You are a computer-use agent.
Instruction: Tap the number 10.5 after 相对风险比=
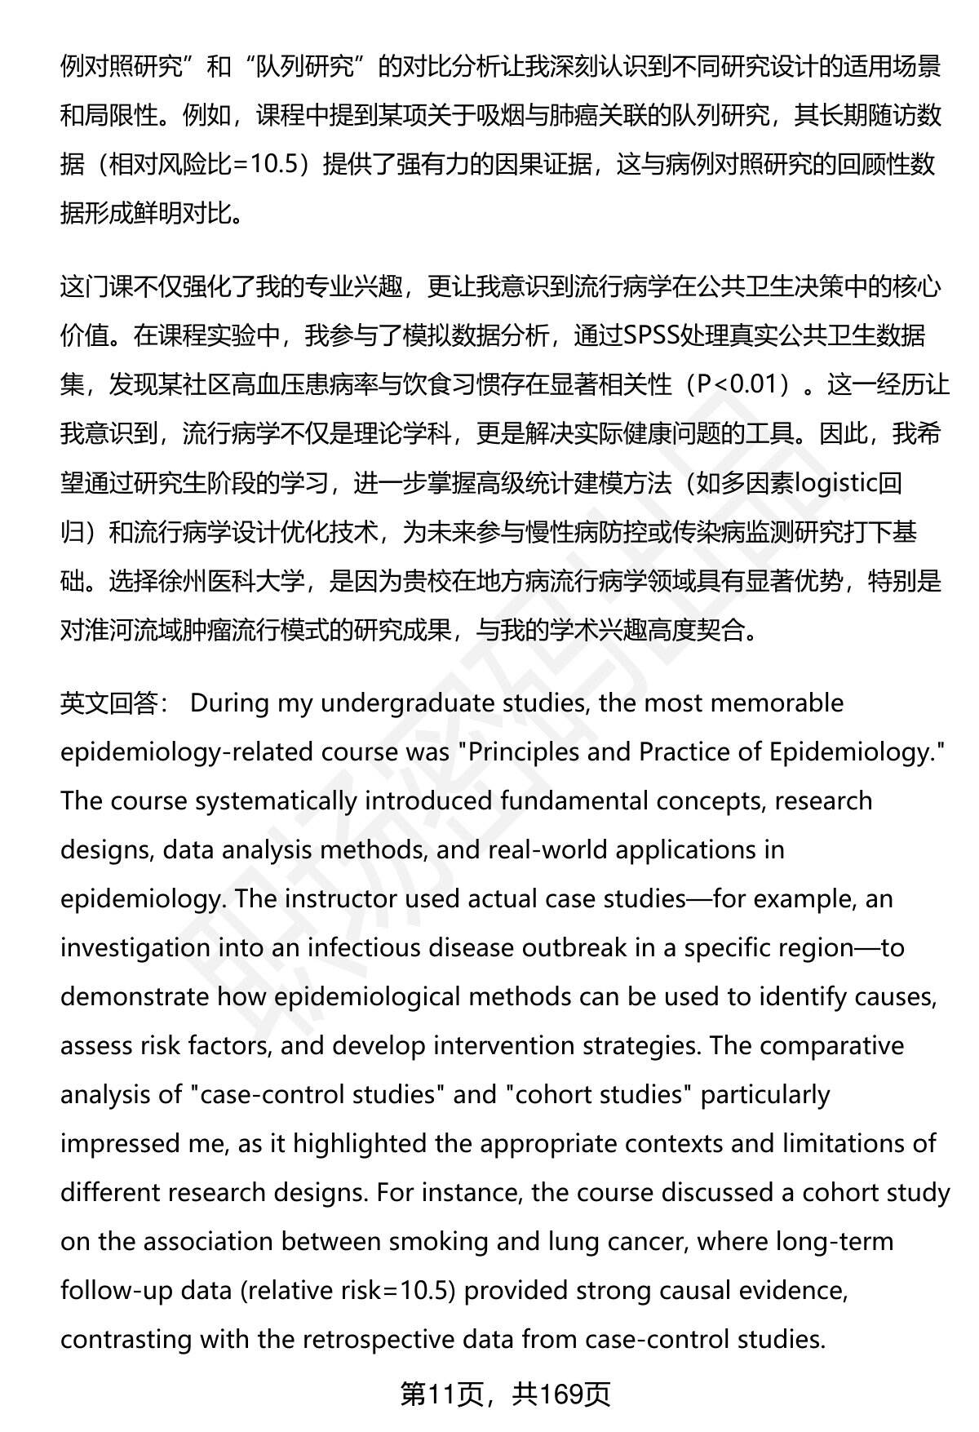tap(278, 165)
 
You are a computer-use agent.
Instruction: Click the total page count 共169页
tap(561, 1396)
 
